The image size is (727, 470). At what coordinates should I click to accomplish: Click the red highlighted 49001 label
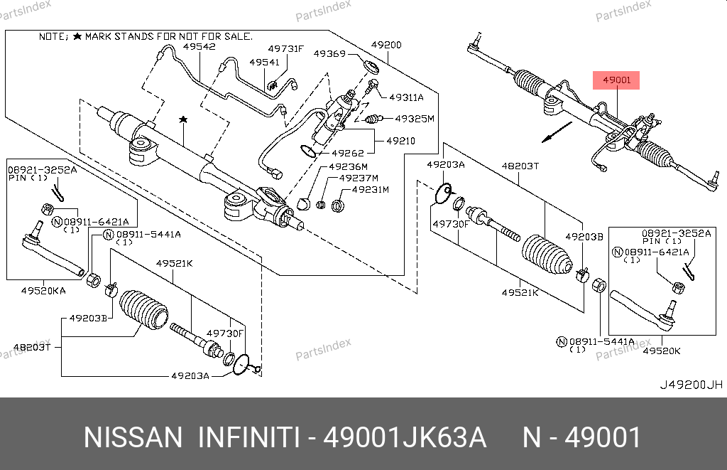(x=616, y=80)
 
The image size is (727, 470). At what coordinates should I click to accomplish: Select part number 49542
(x=199, y=47)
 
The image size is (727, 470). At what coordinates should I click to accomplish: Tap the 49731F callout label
(x=285, y=49)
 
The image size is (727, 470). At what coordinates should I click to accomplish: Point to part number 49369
(x=329, y=54)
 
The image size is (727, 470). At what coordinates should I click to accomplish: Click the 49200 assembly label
(x=387, y=46)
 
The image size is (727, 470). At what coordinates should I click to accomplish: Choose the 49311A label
(x=405, y=97)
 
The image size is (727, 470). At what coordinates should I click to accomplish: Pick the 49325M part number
(x=414, y=119)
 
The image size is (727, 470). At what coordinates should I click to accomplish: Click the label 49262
(x=348, y=153)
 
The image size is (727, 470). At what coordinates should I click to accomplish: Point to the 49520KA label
(x=43, y=290)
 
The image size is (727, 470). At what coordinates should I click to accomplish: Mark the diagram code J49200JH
(x=692, y=385)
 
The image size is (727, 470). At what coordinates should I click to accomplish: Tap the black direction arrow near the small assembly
(x=556, y=132)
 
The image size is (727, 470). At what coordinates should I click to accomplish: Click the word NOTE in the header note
(x=52, y=35)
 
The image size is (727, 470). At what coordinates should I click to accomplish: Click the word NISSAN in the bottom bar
(x=133, y=437)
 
